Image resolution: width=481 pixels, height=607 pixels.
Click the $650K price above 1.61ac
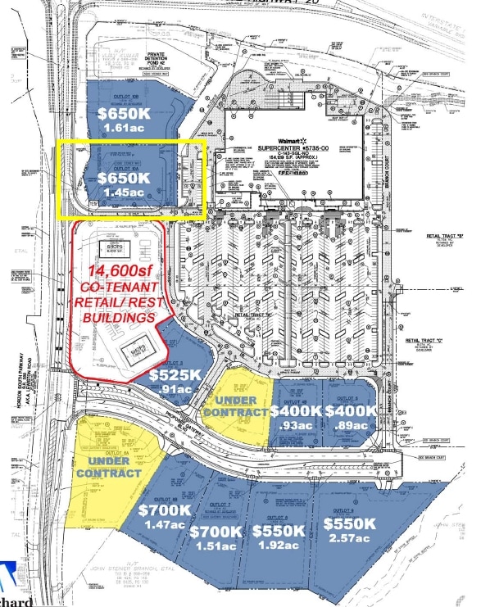(x=124, y=113)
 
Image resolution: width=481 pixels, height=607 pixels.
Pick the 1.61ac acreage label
(x=125, y=129)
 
